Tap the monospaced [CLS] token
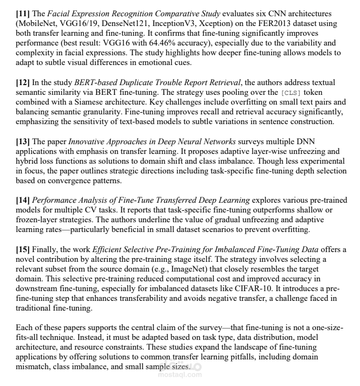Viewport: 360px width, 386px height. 292,93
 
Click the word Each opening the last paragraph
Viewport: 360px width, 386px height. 24,329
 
